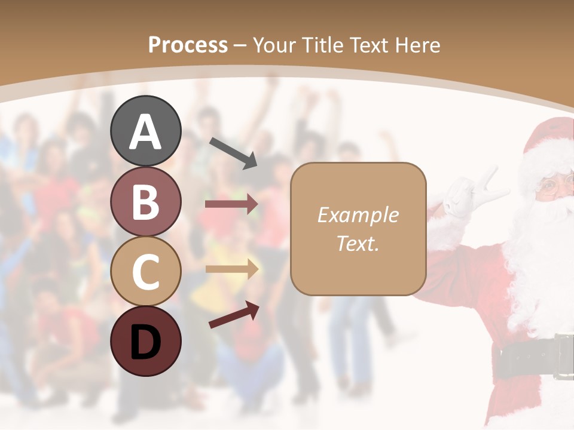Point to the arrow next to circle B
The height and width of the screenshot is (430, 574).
(231, 204)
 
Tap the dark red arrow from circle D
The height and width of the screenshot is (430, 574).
(234, 315)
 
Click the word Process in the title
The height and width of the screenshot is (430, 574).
(188, 45)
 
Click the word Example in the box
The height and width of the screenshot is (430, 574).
(358, 215)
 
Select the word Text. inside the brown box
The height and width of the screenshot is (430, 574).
(358, 243)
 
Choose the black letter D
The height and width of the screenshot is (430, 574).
(145, 342)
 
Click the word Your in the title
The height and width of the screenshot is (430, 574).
(274, 45)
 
